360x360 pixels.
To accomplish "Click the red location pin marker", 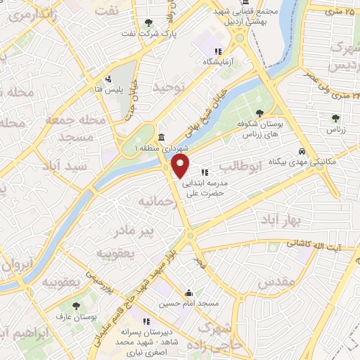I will click(181, 166).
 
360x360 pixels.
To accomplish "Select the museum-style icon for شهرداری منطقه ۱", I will click(162, 136).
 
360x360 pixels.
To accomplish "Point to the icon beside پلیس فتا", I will click(108, 79).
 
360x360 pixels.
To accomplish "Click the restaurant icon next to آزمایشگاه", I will click(219, 51).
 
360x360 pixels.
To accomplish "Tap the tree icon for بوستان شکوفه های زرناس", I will click(259, 113).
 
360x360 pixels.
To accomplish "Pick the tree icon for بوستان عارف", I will click(77, 306).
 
